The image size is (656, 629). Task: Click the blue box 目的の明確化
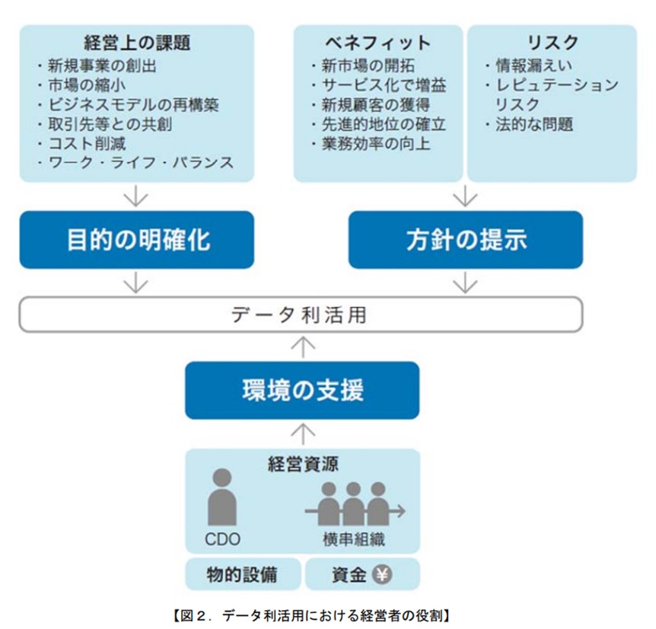(137, 240)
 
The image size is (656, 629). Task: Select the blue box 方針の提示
(466, 240)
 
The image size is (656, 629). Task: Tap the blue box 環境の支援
(302, 391)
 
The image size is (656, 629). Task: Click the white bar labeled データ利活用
(301, 314)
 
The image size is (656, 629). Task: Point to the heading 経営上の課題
(137, 43)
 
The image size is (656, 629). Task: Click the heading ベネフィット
(378, 43)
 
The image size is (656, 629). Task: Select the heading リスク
(553, 43)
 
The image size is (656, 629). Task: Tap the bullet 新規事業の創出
(97, 65)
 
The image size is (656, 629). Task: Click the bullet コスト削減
(82, 144)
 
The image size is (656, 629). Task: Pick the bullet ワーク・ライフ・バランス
(135, 163)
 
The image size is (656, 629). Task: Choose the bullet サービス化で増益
(379, 85)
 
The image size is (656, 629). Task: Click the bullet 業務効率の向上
(371, 144)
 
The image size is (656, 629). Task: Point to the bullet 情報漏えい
(529, 65)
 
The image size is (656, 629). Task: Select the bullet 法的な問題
(529, 124)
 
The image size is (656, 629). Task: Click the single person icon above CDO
(222, 496)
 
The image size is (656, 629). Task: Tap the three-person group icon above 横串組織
(355, 504)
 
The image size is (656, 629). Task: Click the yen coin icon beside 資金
(382, 574)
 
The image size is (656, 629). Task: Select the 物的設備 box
(243, 573)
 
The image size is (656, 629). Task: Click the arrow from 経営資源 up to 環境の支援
(303, 434)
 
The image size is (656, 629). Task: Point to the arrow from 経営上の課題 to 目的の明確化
(136, 196)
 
